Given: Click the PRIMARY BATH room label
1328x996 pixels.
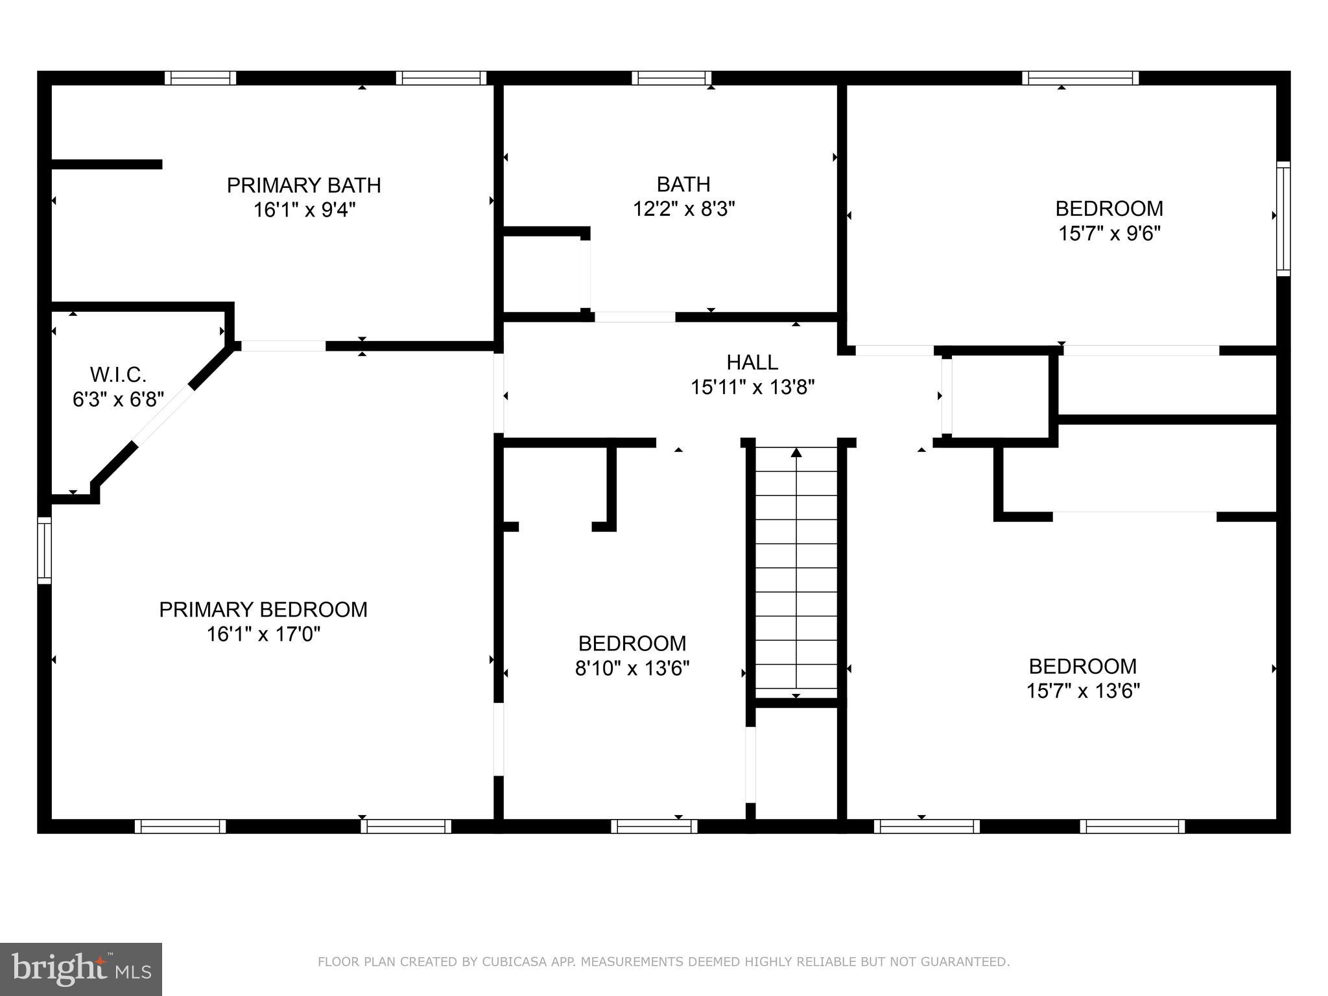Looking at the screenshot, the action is (303, 185).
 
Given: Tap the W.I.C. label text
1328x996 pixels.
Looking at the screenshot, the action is (118, 374).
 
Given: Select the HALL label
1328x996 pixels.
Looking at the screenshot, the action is (752, 362).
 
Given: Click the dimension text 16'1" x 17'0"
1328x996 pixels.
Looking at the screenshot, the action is (263, 634).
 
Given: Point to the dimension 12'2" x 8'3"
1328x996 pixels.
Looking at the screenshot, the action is (683, 209).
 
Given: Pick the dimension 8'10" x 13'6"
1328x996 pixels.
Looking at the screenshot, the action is (632, 668).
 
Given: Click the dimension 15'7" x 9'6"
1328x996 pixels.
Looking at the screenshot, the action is (1109, 233).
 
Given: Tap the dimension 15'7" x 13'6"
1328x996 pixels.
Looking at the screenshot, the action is (1083, 691).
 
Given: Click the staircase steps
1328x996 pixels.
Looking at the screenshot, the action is (796, 573).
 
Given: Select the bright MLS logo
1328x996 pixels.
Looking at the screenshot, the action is (81, 969).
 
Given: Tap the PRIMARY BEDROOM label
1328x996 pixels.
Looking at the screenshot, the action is (263, 610).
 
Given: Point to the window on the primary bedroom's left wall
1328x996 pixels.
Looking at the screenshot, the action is (44, 550).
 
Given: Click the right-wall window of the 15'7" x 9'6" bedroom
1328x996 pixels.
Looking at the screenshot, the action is (1283, 219).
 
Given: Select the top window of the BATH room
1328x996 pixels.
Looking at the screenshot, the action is (672, 78).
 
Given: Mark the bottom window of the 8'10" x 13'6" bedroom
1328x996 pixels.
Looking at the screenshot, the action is (654, 826).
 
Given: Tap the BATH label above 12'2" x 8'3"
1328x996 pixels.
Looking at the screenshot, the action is (683, 184).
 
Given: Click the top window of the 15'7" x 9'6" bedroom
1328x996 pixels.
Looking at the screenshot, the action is (1080, 78).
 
